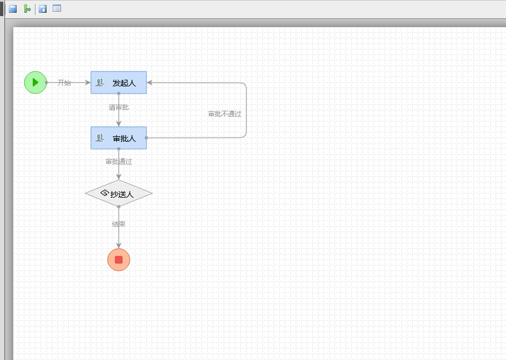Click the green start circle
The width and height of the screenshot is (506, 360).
35,83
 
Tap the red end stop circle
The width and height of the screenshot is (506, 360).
119,260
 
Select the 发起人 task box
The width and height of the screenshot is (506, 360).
119,83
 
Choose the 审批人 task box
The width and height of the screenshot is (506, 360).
119,138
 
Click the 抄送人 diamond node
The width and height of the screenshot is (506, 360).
119,193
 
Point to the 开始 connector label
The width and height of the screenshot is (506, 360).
64,83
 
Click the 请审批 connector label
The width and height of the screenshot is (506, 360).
119,107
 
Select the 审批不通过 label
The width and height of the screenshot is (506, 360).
225,114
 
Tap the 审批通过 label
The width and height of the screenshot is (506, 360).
119,162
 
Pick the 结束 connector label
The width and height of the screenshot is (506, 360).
119,224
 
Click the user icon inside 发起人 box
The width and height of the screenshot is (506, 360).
100,83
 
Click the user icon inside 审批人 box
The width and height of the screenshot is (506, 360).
100,138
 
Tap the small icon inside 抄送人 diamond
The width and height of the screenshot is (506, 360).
104,193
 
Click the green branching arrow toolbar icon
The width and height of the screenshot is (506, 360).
27,9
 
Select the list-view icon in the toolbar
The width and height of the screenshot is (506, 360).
57,9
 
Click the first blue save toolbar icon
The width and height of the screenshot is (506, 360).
13,9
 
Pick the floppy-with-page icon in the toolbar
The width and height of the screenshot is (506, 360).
43,9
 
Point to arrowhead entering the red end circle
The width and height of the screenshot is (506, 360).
119,245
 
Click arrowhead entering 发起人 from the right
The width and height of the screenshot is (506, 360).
150,83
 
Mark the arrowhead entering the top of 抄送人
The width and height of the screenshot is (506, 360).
119,177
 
